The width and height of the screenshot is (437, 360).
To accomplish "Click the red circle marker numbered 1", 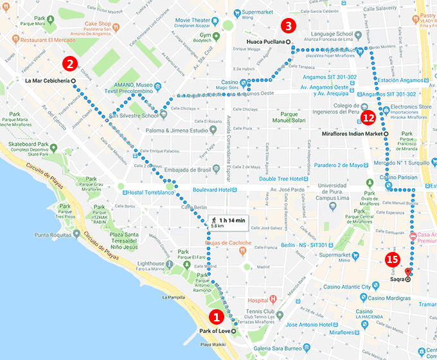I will coord(217,316).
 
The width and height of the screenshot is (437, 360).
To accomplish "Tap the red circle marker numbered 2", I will coord(70,64).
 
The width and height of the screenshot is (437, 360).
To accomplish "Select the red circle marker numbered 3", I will coord(289,26).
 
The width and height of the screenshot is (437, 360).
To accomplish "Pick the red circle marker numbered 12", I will coord(368,117).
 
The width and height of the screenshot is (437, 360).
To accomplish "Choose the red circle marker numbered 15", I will coord(391,260).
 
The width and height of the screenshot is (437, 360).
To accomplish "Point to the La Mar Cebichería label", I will coord(46,81).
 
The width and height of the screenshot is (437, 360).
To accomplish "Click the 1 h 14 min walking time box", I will coord(228,223).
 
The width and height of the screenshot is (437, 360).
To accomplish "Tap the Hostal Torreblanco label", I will coord(151,192).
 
